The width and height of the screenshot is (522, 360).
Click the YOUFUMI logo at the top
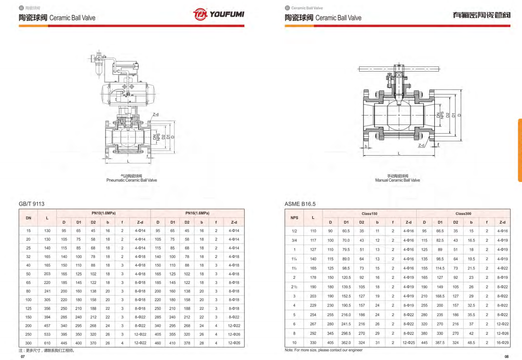click(218, 14)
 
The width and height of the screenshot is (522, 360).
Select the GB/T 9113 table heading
click(31, 204)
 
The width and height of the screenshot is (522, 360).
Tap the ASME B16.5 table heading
click(300, 204)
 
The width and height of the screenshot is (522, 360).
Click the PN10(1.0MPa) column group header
click(103, 213)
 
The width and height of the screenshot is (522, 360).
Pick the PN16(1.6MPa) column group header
click(197, 213)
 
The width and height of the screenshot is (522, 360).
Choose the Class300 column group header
click(463, 213)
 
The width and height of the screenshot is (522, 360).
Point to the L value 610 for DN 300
click(47, 343)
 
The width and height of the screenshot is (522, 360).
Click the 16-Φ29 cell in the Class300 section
click(502, 343)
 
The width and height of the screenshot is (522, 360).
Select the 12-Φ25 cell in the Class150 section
click(409, 343)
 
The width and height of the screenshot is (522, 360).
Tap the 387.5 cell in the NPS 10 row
click(440, 343)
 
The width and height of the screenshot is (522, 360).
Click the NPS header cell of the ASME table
click(294, 218)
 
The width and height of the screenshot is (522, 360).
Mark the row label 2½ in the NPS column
click(294, 287)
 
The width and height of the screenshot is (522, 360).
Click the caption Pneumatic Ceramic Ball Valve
click(131, 180)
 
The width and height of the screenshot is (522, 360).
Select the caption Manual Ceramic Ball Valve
click(398, 180)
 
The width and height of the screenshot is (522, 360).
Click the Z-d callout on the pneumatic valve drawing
click(156, 114)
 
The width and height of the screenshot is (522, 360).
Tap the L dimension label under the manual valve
click(399, 153)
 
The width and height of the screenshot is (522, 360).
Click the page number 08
click(506, 357)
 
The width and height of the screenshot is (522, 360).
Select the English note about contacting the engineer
click(324, 350)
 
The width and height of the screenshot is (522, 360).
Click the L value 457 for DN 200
click(47, 326)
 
